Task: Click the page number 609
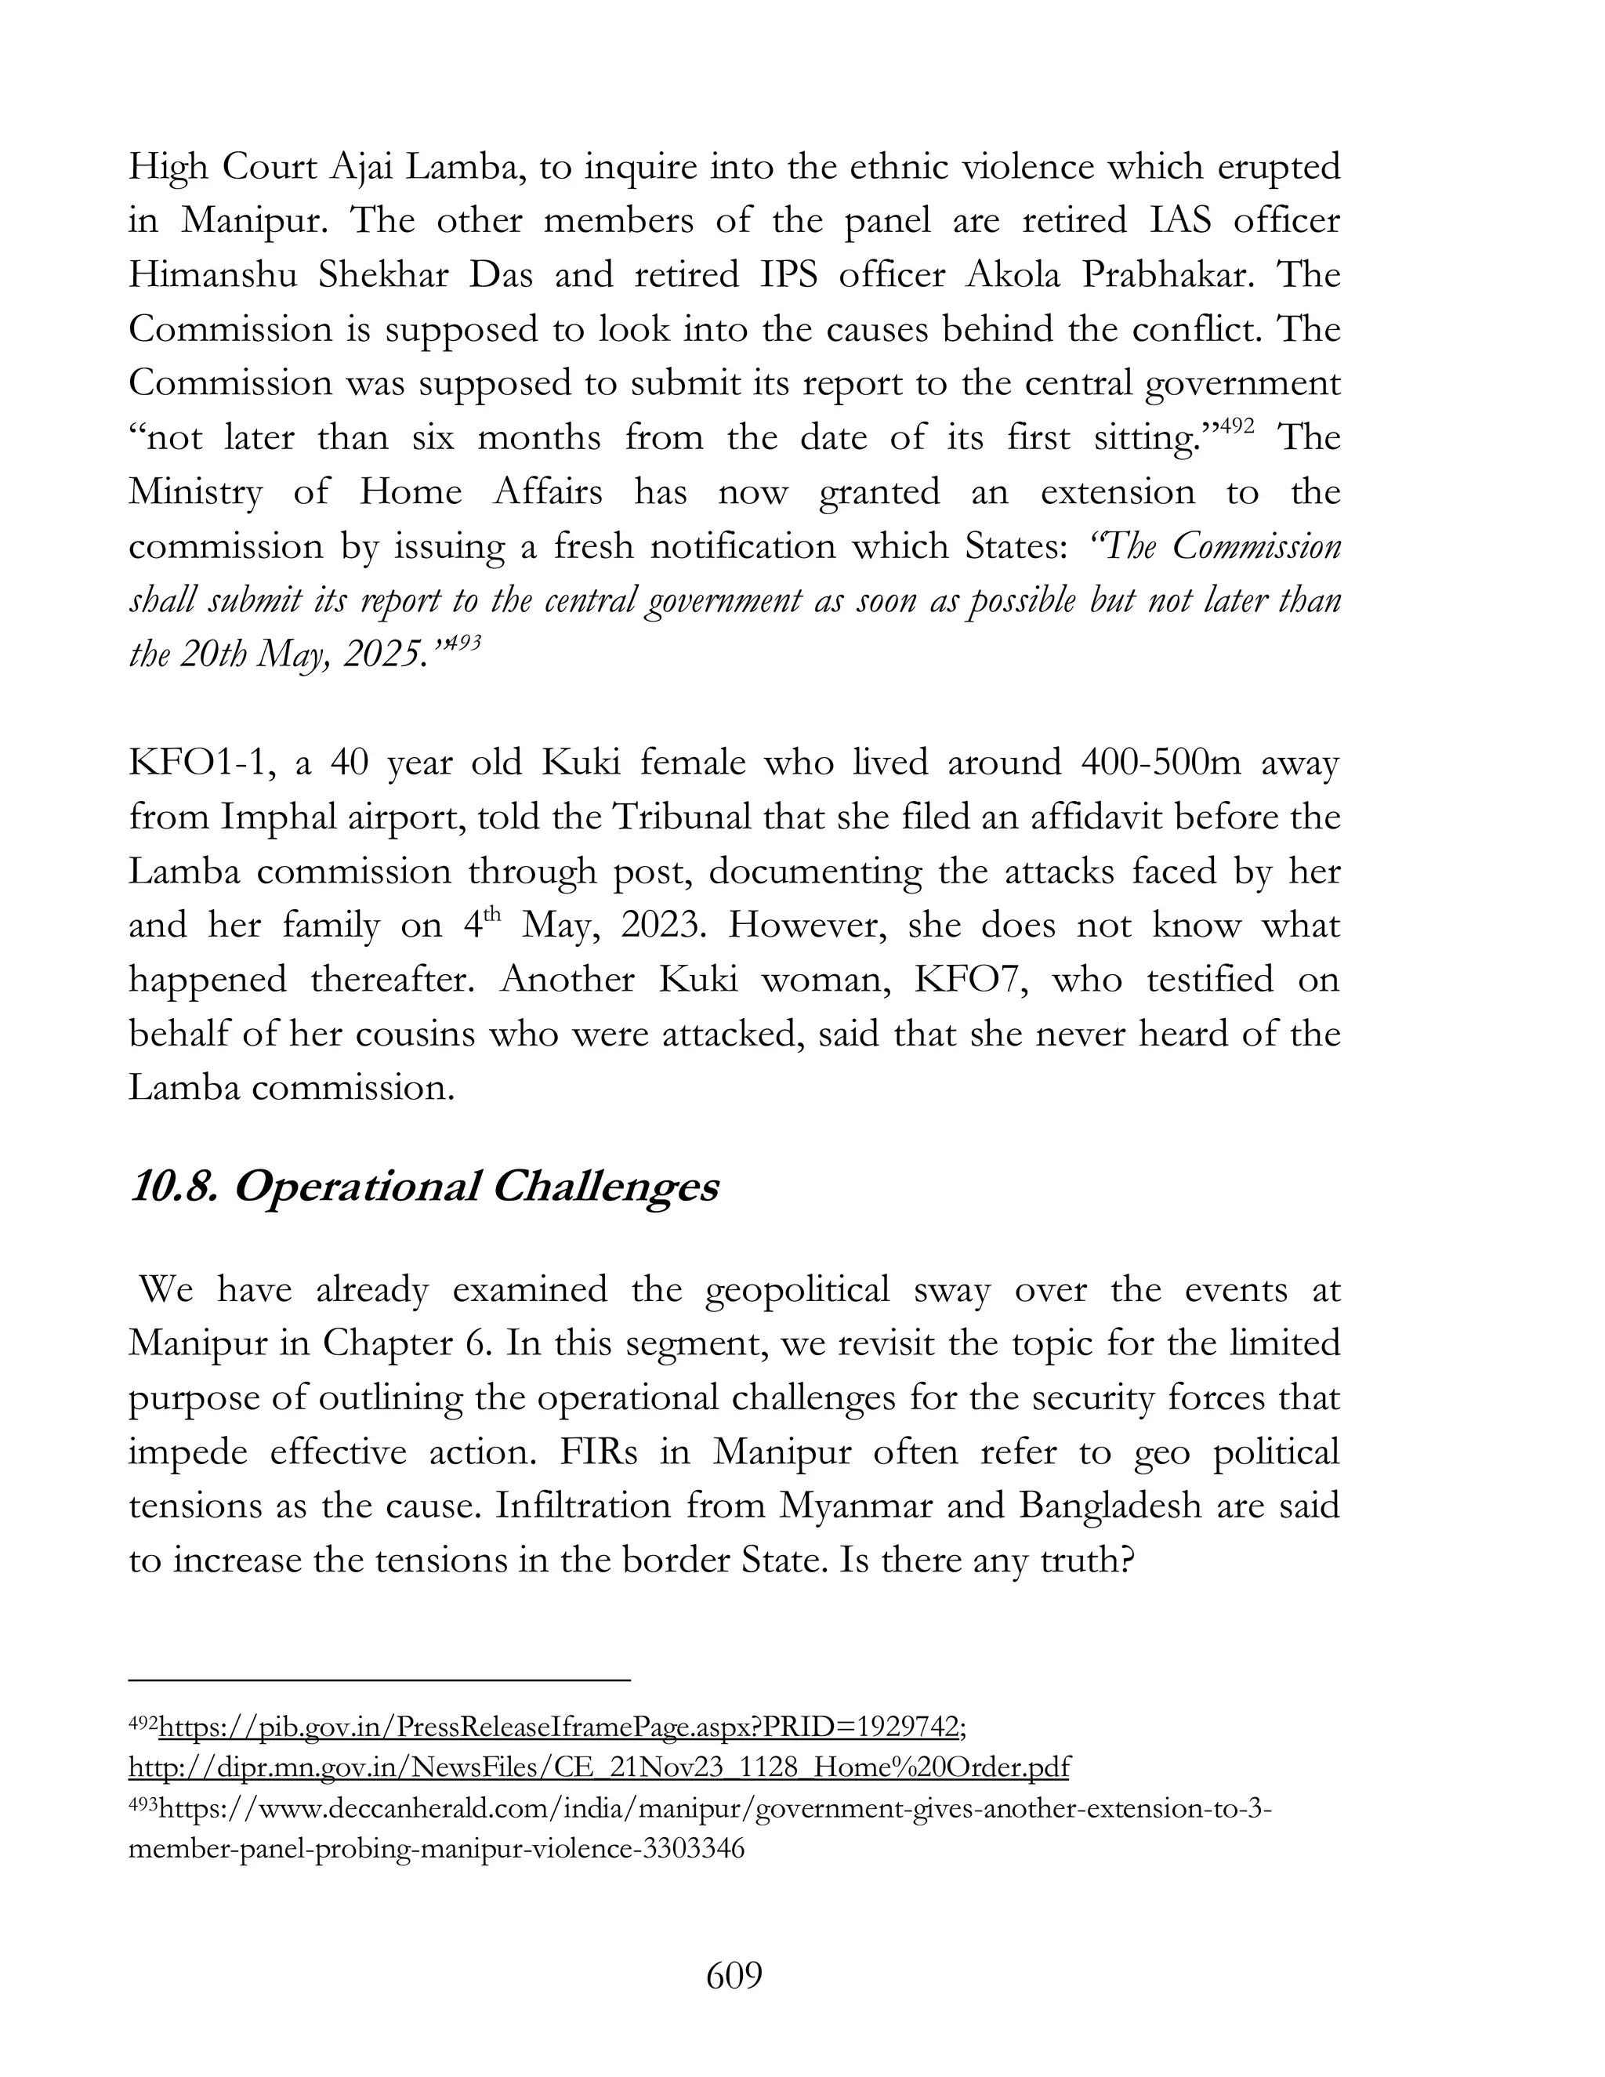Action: (734, 1977)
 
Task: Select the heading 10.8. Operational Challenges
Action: (423, 1187)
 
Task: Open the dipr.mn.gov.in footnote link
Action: (598, 1767)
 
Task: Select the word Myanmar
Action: (857, 1506)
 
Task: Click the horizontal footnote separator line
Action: (379, 1680)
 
